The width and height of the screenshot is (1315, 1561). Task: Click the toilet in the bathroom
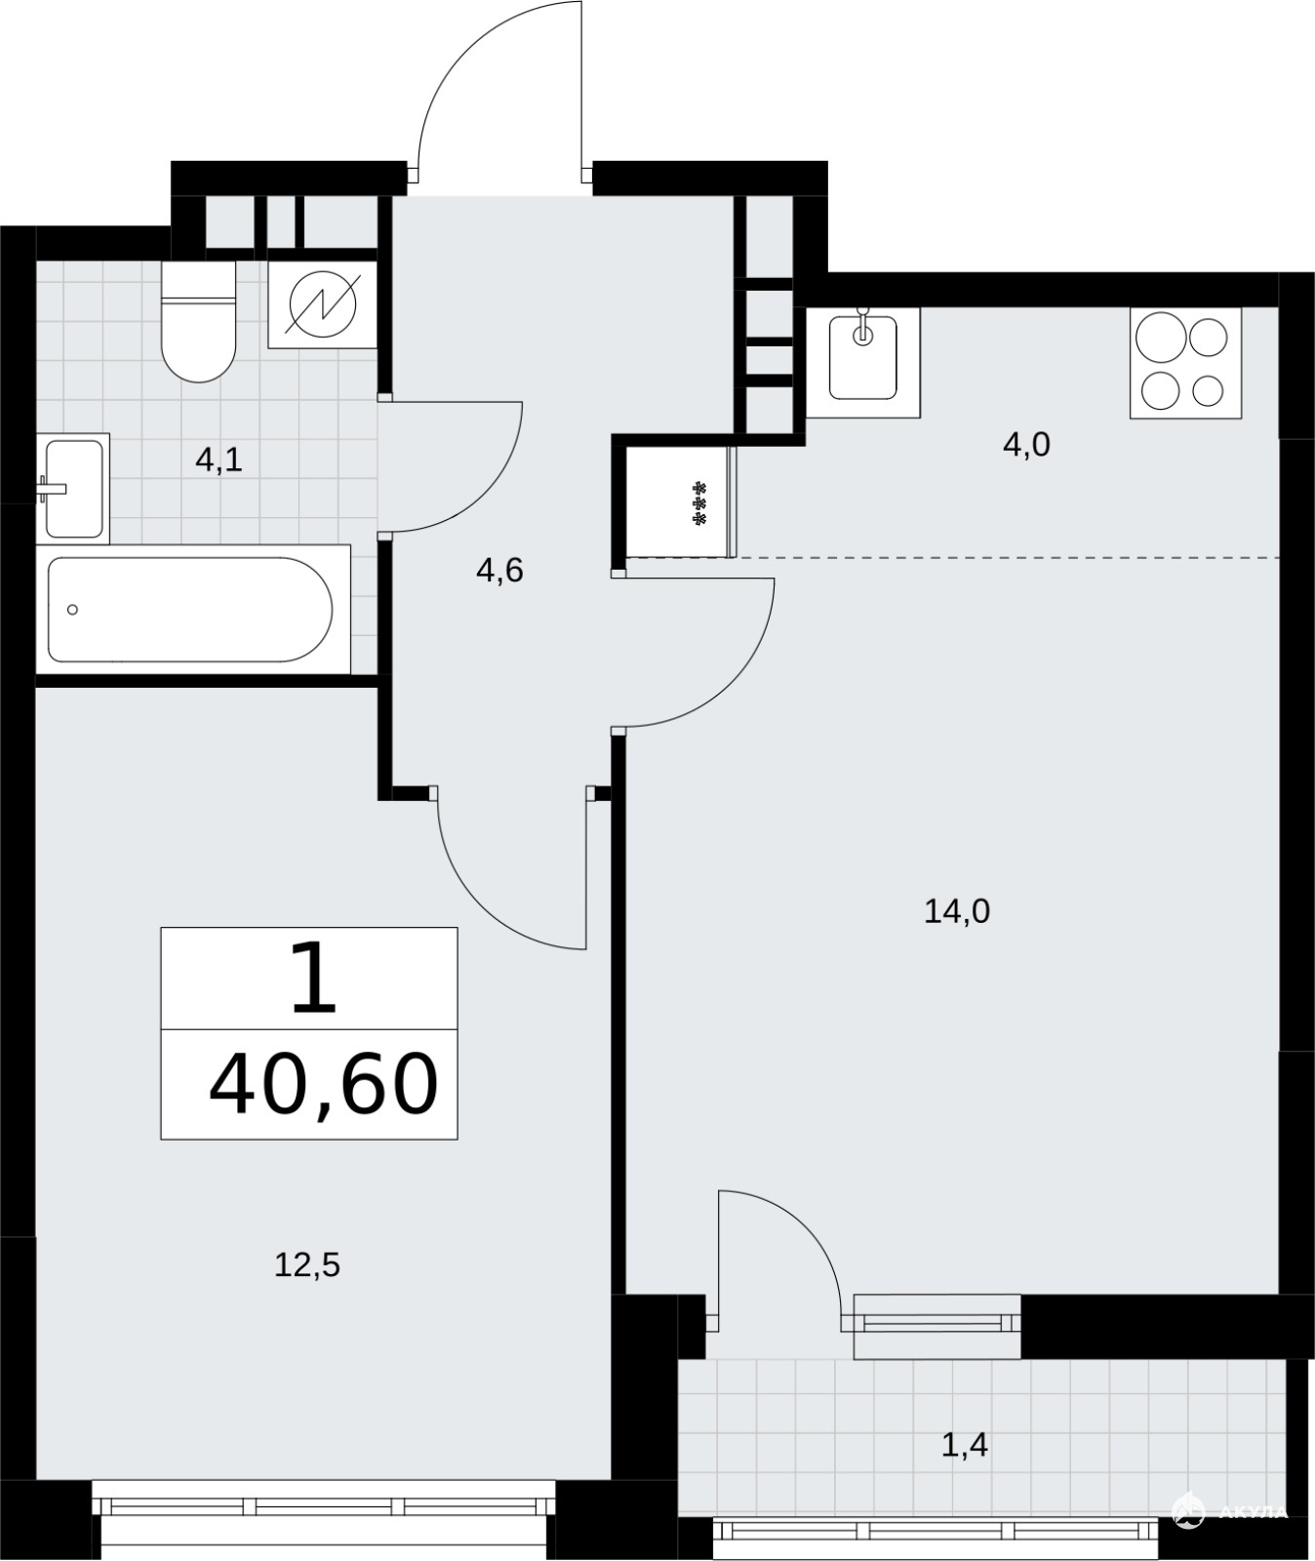[x=199, y=321]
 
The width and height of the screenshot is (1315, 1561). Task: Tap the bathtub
[x=192, y=609]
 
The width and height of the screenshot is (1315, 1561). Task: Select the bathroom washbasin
[x=73, y=488]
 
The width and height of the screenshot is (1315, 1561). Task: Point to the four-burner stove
[x=1185, y=363]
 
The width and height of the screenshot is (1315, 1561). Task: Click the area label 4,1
[x=219, y=460]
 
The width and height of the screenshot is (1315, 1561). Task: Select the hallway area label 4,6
[x=499, y=571]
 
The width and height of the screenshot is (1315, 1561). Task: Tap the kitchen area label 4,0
[x=1026, y=446]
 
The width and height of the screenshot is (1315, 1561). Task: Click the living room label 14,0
[x=957, y=911]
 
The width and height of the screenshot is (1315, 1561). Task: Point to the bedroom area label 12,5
[x=307, y=1265]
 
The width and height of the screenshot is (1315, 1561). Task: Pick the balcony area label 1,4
[x=965, y=1445]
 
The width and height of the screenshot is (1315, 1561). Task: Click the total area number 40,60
[x=323, y=1084]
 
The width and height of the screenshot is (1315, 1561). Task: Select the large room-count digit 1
[x=314, y=979]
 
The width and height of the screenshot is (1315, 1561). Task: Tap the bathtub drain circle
[x=72, y=610]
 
